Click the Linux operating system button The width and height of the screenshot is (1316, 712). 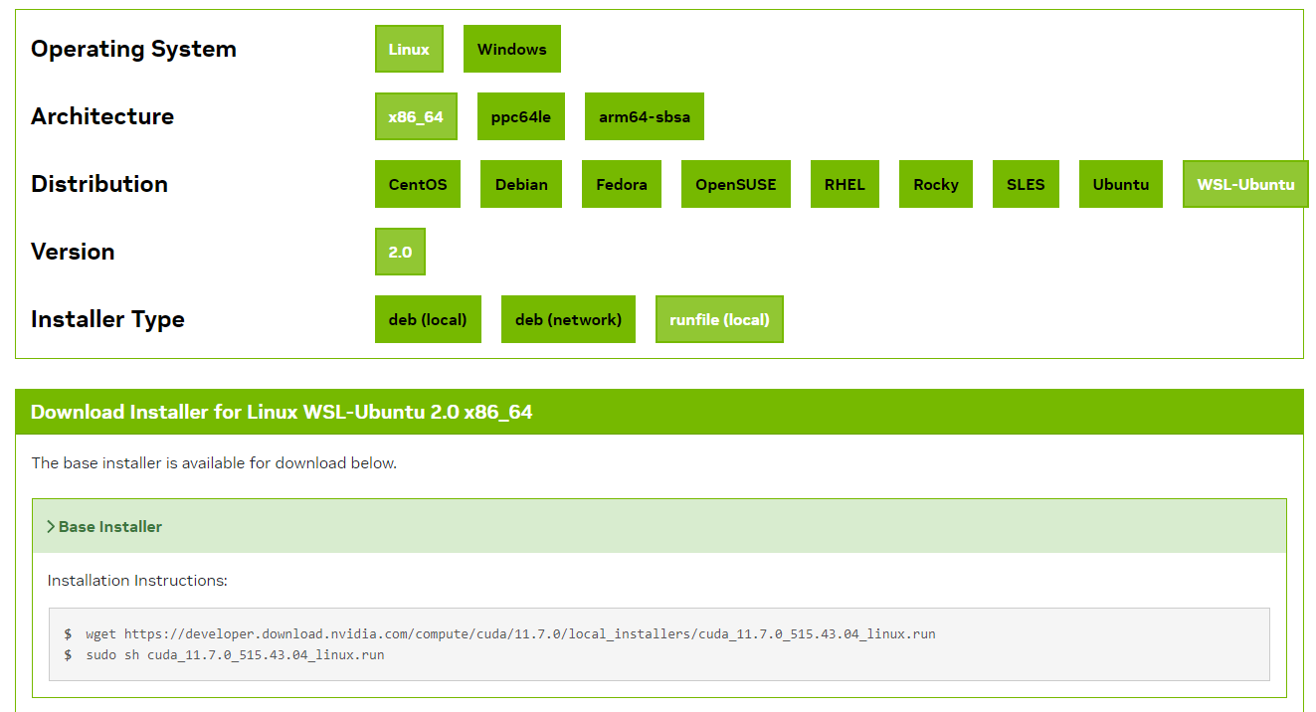click(409, 49)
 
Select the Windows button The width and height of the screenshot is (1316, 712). click(511, 49)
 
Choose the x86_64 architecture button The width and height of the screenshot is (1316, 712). click(416, 116)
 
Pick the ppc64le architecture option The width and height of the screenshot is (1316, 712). click(520, 116)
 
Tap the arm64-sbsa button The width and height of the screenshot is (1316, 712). click(644, 116)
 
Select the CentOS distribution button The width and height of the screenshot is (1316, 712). click(418, 184)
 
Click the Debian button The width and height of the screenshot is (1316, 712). click(521, 184)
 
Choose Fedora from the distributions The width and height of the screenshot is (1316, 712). click(622, 184)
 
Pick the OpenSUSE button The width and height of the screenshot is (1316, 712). click(735, 184)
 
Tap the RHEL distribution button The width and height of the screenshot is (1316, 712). click(845, 184)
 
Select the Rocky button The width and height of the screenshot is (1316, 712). click(936, 184)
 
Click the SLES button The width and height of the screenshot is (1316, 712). click(1026, 184)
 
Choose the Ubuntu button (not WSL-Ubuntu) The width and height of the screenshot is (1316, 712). click(1120, 184)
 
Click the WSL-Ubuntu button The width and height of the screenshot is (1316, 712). click(1245, 184)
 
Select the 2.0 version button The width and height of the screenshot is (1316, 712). click(400, 252)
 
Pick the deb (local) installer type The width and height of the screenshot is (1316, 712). click(428, 319)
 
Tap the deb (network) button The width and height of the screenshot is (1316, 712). click(568, 319)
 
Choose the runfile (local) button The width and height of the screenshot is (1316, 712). click(719, 319)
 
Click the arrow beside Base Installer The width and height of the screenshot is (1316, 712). click(51, 526)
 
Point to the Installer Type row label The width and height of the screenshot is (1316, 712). click(107, 319)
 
